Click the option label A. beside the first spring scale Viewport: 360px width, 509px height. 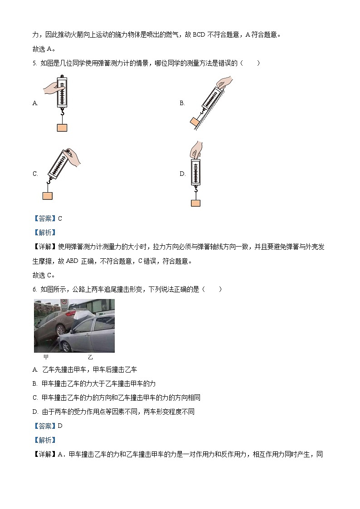coord(35,103)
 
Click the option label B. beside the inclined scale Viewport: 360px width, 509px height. coord(182,103)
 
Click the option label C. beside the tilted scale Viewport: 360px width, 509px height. coord(35,174)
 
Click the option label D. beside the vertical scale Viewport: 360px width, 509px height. coord(182,174)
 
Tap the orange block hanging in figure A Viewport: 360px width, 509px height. coord(62,127)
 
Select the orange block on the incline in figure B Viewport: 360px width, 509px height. coord(195,121)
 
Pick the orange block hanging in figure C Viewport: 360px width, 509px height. coord(47,195)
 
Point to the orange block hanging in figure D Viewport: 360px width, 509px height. coord(195,203)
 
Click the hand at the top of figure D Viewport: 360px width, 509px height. coord(196,149)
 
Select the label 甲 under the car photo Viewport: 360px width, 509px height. coord(46,357)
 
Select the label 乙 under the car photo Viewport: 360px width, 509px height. coord(90,357)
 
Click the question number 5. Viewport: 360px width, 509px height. coord(34,63)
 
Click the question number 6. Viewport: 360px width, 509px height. coord(34,289)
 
